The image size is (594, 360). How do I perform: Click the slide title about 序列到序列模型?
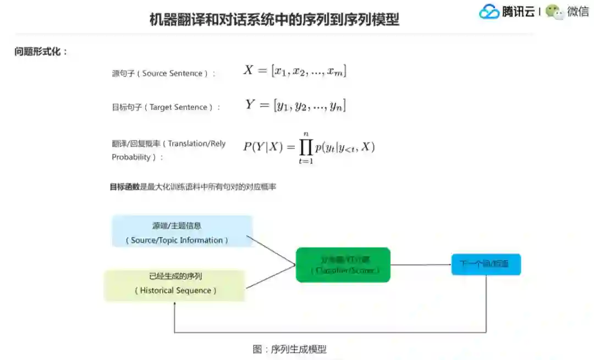274,20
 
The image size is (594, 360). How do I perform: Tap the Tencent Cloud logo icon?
489,12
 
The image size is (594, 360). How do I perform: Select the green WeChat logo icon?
554,12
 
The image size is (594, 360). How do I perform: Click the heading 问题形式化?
41,52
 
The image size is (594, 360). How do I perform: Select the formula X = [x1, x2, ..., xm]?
295,71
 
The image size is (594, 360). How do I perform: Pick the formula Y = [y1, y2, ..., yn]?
295,105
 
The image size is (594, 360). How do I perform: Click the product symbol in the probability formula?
306,147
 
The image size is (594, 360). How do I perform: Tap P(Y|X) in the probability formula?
263,147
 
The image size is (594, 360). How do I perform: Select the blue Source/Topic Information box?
182,231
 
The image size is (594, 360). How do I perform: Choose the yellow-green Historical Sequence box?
175,285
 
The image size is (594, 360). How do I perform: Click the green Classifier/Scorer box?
343,265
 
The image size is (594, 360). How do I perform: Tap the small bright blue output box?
486,264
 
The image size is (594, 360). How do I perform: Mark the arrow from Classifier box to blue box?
421,265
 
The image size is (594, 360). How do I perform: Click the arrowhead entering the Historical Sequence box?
175,304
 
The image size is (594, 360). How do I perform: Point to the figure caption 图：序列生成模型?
289,349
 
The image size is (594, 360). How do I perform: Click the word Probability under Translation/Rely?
131,157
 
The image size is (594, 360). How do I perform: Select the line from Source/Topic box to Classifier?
271,250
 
